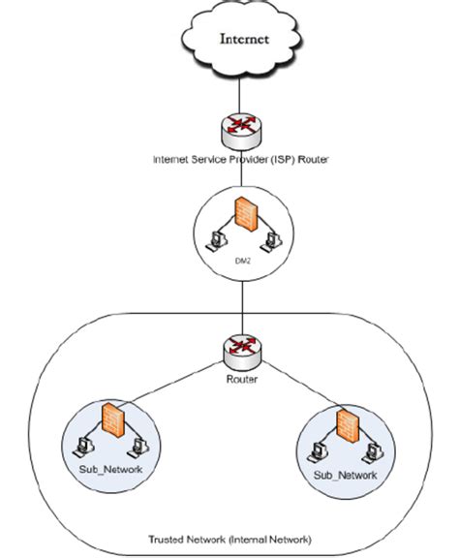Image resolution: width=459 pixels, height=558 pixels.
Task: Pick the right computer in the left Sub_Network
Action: point(137,448)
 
